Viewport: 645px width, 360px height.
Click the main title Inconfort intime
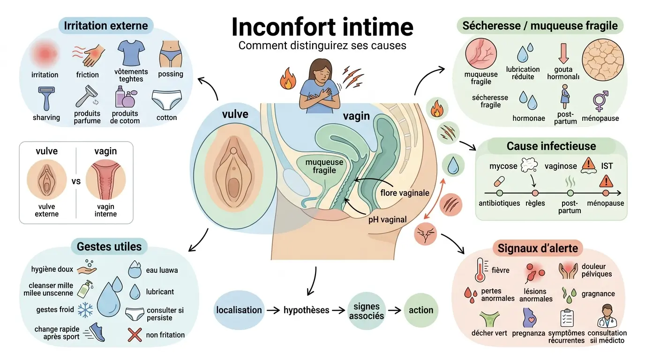pos(322,27)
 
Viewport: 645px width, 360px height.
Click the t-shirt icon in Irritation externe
pos(131,53)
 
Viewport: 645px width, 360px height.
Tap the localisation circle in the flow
pos(239,310)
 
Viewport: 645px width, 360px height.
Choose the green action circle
pos(420,310)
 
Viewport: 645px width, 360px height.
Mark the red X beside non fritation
pos(135,335)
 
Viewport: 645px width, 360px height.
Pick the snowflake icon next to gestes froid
pos(85,309)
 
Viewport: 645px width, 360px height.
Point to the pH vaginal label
pos(387,218)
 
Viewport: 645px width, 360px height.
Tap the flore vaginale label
pos(405,193)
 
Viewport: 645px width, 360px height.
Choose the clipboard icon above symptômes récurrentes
pos(567,318)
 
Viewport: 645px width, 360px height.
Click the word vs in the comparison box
pos(76,181)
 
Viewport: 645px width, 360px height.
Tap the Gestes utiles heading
pos(109,246)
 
